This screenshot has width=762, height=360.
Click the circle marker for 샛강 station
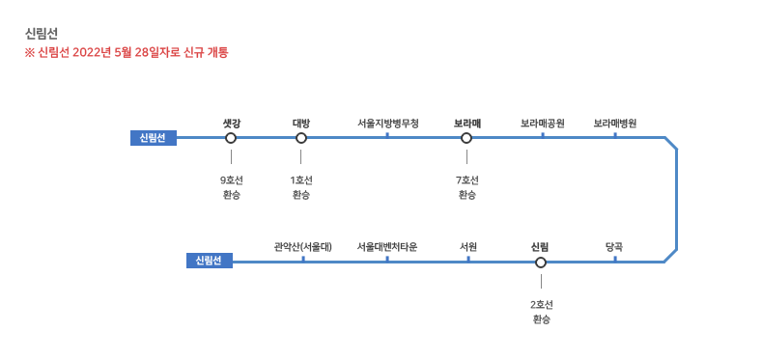231,138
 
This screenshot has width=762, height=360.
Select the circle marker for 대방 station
301,138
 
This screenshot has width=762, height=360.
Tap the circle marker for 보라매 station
466,138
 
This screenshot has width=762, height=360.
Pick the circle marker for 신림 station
541,263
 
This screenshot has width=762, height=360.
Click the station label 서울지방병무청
387,124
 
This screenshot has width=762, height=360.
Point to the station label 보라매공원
543,124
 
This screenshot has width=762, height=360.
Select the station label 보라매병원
615,124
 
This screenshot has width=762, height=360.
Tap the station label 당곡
614,247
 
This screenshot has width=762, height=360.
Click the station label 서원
468,247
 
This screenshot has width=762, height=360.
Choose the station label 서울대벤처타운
387,247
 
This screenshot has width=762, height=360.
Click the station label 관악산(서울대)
302,247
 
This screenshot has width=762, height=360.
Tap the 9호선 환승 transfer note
232,188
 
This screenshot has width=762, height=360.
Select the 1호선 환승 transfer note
301,188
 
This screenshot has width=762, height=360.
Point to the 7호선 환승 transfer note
467,188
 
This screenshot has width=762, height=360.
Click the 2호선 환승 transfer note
542,313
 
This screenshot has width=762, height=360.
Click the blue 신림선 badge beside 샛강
154,138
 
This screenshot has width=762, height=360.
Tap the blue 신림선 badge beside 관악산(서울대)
210,261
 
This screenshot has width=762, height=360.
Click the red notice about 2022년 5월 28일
127,52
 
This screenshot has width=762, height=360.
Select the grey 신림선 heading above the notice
42,34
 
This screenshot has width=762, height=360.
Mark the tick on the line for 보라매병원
615,135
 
